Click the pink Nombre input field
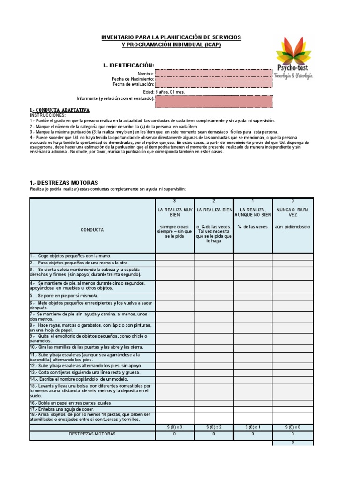213,73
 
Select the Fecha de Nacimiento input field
213,79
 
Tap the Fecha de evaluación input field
213,84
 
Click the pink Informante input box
213,101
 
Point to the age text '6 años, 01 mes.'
170,92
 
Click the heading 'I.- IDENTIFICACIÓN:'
128,65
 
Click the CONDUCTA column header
92,230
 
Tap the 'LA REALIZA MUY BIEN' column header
175,211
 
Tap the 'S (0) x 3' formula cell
175,427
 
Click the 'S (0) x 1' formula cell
253,427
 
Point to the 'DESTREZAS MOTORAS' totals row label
92,434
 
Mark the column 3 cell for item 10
175,347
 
